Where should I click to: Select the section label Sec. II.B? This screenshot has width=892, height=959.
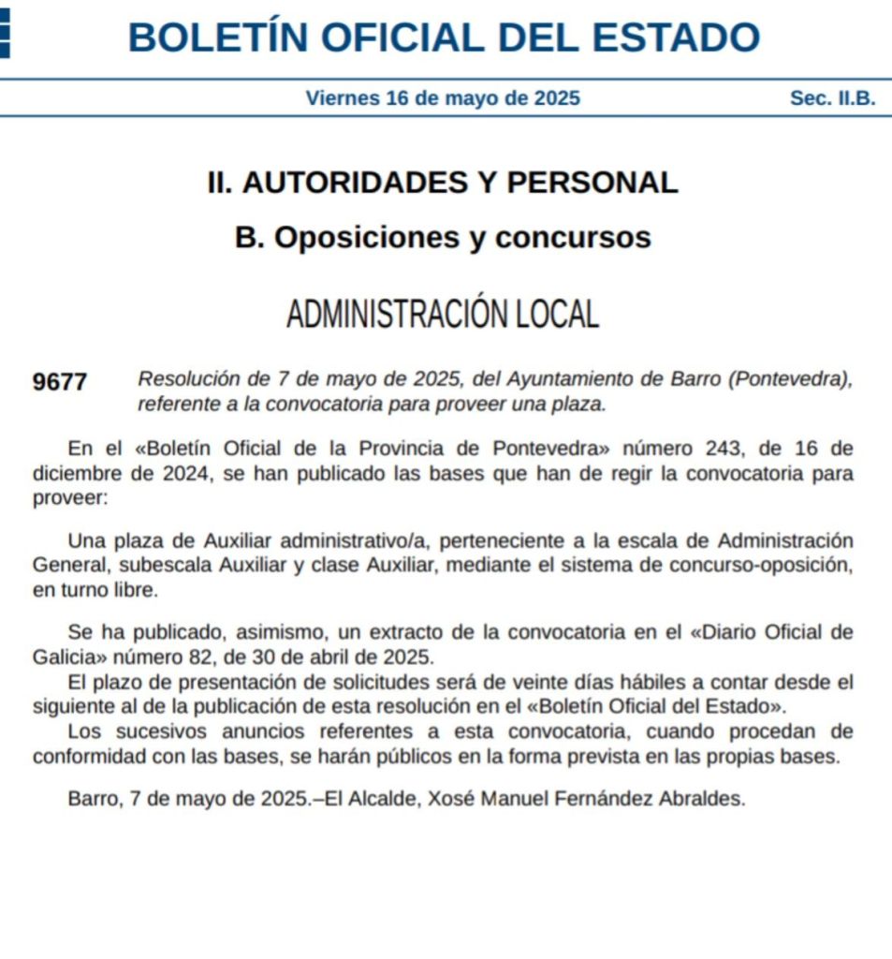click(832, 98)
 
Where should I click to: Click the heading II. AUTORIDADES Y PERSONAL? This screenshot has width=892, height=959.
click(443, 183)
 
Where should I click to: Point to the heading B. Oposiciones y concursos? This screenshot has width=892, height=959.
click(443, 238)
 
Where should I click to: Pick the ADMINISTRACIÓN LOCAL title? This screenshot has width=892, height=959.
click(443, 315)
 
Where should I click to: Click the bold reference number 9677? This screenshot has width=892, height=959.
click(59, 382)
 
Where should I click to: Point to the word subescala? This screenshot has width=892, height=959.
click(171, 566)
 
